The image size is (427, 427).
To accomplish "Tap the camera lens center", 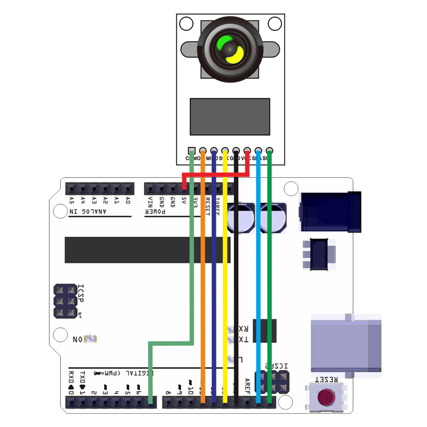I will (x=230, y=50).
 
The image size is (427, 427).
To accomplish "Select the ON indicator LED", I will (x=91, y=339).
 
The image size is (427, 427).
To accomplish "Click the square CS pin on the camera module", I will (x=192, y=150).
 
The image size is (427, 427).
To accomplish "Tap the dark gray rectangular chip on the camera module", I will (x=230, y=116).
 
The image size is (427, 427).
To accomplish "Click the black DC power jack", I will (x=330, y=212).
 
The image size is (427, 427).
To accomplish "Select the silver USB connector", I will (x=346, y=344).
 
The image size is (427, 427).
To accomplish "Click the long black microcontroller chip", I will (x=147, y=250).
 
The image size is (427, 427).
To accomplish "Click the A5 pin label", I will (x=71, y=200).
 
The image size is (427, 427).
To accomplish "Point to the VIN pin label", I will (x=150, y=201).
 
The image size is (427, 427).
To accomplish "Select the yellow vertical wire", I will (x=225, y=278).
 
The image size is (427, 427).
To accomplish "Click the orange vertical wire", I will (x=203, y=278).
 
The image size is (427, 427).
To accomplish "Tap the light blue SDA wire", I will (x=258, y=278).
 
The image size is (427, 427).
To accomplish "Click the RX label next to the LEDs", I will (x=243, y=329).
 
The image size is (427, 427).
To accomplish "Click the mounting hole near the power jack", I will (x=291, y=188).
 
